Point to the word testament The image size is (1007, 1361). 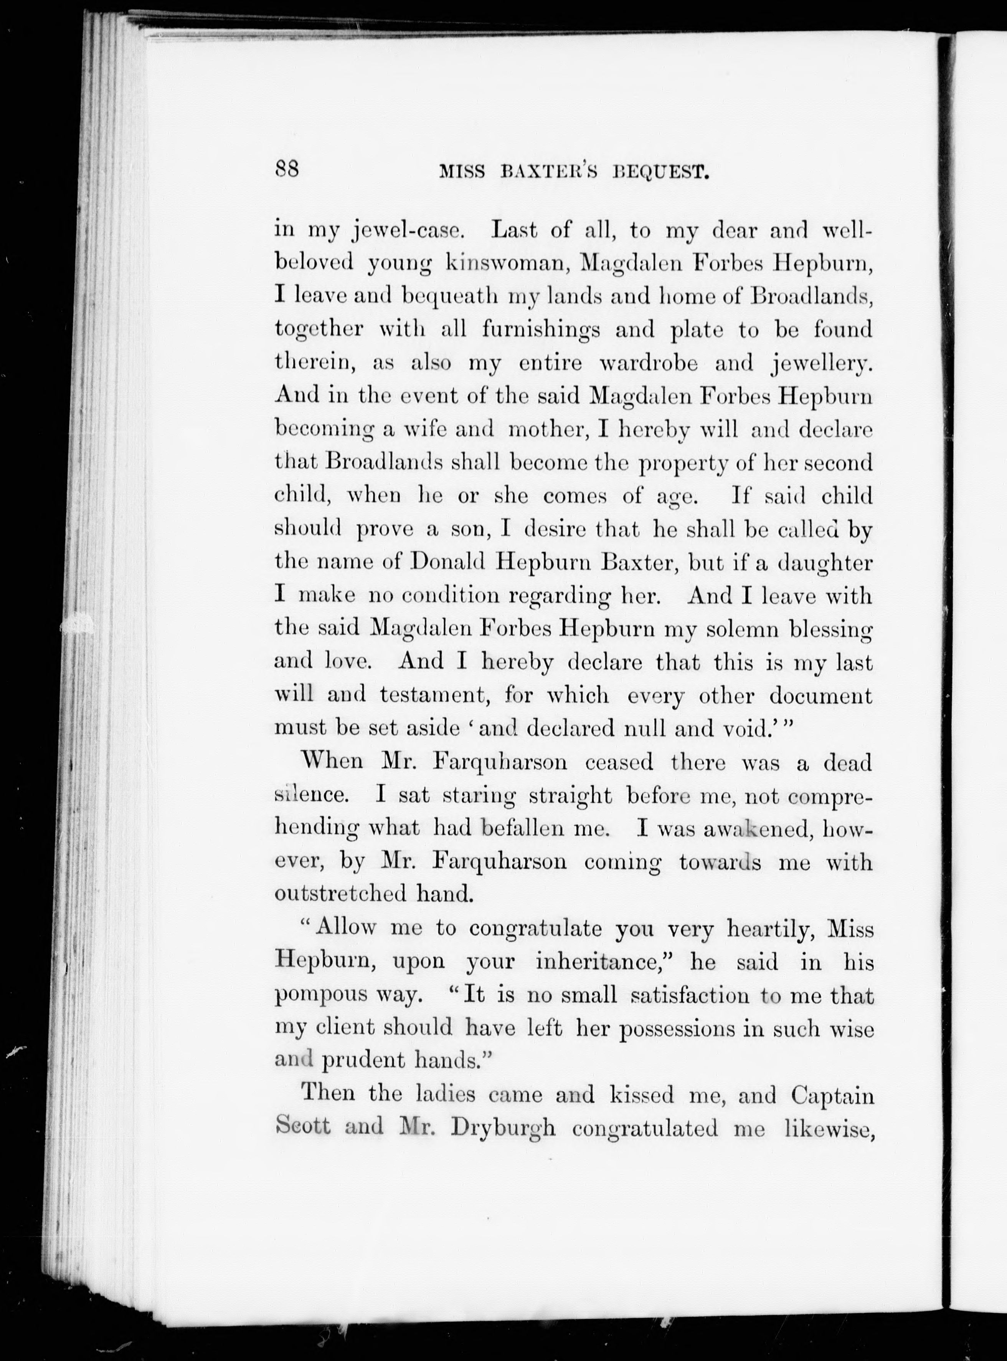(436, 695)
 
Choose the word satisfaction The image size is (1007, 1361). (689, 995)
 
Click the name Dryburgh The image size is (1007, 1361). (503, 1129)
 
